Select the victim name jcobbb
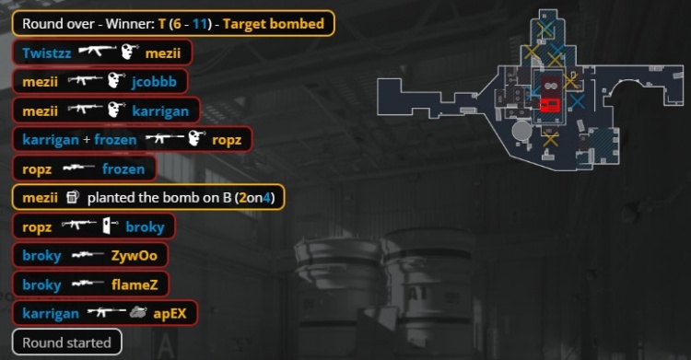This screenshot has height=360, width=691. click(x=158, y=82)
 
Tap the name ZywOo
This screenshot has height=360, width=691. click(x=131, y=255)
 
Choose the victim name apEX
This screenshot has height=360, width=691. click(x=170, y=314)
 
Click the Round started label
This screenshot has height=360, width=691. click(x=66, y=343)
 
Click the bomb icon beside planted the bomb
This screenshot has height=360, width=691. click(x=73, y=197)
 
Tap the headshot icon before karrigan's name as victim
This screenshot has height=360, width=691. click(x=114, y=110)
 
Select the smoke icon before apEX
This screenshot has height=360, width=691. click(x=138, y=313)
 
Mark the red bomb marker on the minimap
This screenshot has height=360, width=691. click(x=549, y=104)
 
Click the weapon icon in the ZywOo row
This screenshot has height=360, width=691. click(x=87, y=255)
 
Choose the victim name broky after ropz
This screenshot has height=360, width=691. click(x=144, y=226)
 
